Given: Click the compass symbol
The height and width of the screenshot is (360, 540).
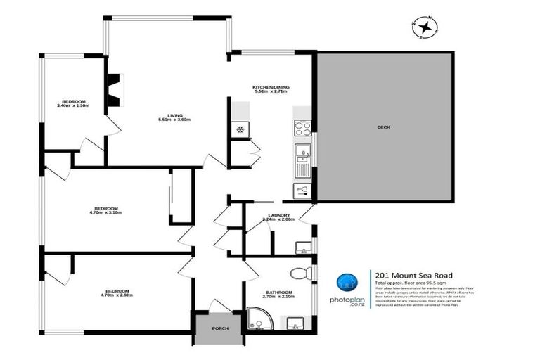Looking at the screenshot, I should (425, 27).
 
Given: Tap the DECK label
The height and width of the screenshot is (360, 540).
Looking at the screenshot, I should (383, 127).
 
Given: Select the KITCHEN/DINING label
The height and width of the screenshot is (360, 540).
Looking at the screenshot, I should (271, 87).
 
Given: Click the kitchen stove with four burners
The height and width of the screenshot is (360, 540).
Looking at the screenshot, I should (303, 129).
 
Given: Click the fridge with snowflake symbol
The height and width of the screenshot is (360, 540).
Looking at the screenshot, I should (239, 130).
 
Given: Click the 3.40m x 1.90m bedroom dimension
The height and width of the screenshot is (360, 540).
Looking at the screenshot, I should (74, 106).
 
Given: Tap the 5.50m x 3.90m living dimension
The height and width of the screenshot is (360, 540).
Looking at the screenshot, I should (174, 120).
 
